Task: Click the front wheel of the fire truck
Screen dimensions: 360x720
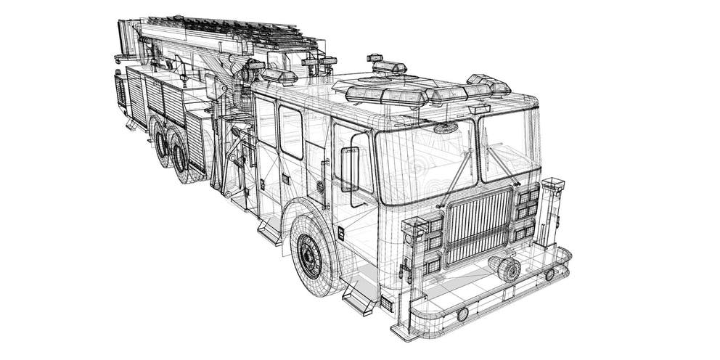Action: click(x=311, y=255)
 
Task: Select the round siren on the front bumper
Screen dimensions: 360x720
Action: click(x=507, y=269)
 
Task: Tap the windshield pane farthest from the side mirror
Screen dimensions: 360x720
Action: click(x=508, y=144)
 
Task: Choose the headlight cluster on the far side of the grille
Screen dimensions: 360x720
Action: click(x=526, y=212)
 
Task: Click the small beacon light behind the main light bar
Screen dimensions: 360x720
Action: click(x=389, y=67)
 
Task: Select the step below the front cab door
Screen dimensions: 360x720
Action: click(x=361, y=298)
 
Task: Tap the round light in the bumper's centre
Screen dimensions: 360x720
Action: click(x=462, y=314)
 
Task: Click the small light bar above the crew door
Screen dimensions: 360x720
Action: click(x=279, y=75)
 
